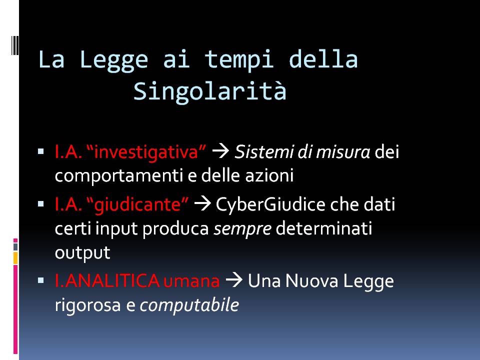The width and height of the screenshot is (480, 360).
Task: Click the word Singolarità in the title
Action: click(x=210, y=91)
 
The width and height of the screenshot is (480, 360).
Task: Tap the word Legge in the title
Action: click(x=114, y=60)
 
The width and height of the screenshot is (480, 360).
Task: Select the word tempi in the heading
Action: click(x=239, y=60)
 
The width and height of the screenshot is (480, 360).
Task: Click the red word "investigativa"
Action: click(x=146, y=152)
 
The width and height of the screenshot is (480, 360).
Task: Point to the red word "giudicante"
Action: click(x=138, y=204)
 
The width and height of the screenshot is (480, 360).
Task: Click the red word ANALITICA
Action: click(x=112, y=280)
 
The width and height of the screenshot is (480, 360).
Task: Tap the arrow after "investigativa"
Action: click(x=220, y=151)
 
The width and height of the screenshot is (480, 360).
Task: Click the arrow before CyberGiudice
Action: click(x=202, y=204)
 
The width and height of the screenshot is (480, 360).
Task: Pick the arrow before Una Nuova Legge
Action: click(x=234, y=280)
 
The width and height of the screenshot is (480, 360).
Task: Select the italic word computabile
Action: click(x=189, y=305)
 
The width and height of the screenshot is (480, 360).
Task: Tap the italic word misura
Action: click(x=343, y=152)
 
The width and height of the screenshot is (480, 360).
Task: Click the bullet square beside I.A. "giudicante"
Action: click(x=41, y=204)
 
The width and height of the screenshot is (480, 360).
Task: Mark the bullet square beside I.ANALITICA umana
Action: click(x=41, y=280)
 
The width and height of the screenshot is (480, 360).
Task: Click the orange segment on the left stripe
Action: click(x=15, y=258)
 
